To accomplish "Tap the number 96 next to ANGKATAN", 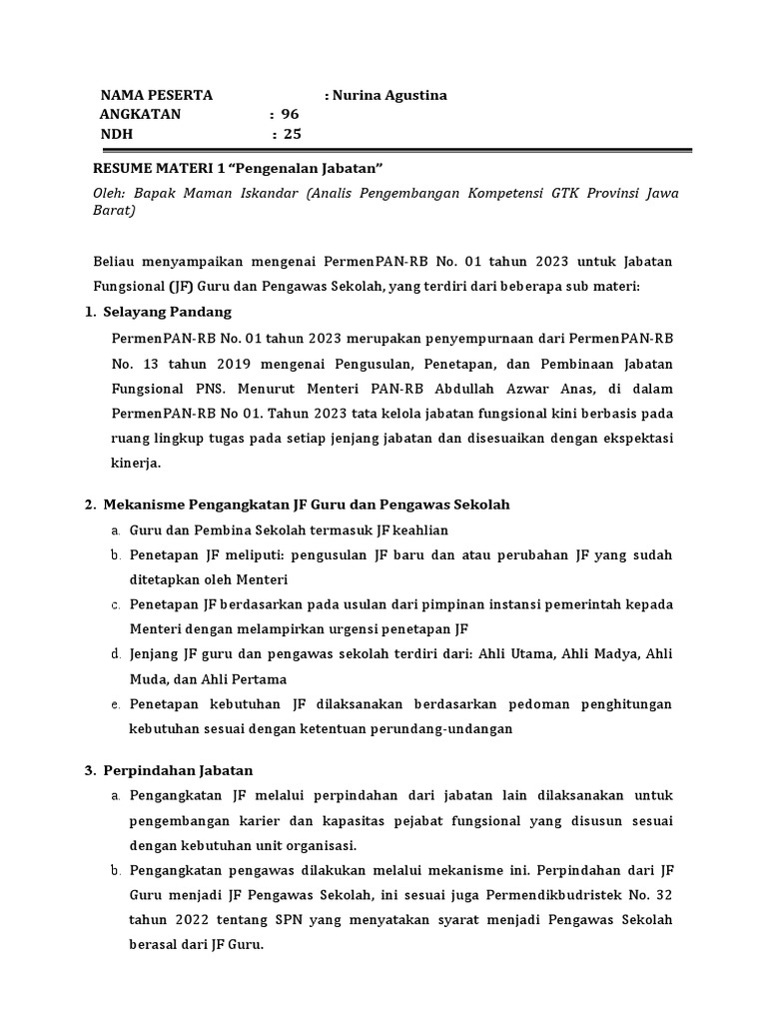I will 290,114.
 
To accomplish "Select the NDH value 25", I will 292,134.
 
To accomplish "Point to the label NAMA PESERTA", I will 156,95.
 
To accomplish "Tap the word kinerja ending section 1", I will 135,464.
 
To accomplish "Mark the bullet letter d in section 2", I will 116,654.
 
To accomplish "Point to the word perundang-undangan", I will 452,728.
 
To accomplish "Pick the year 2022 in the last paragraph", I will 191,918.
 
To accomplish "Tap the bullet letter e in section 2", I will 116,704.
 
